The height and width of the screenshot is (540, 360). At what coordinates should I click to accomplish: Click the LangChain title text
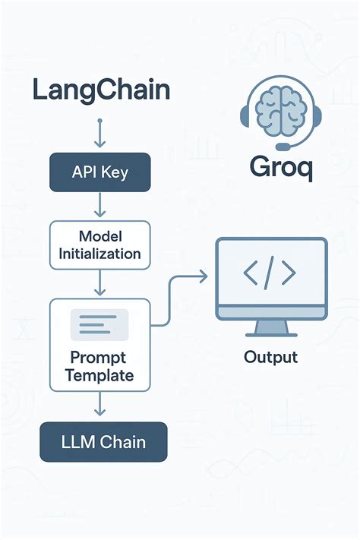click(101, 91)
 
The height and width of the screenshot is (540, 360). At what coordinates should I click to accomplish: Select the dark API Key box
click(100, 172)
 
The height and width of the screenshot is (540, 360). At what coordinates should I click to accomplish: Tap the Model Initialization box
click(100, 245)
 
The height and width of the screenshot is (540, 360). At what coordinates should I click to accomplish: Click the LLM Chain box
click(103, 441)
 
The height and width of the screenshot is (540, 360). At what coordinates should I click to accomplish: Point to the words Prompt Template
click(99, 365)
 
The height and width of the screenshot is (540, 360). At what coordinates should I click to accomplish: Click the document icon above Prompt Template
click(99, 325)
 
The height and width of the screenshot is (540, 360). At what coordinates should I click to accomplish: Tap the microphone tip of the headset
click(283, 147)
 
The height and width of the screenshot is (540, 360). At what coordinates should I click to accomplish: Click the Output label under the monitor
click(270, 357)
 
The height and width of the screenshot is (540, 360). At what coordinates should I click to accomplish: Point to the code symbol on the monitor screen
click(271, 275)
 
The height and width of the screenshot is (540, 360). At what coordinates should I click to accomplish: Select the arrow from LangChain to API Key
click(100, 133)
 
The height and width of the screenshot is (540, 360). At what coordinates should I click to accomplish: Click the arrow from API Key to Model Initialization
click(100, 205)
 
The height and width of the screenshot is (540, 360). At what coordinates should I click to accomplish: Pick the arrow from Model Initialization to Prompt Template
click(100, 283)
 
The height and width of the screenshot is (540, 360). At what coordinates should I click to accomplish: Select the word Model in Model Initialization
click(99, 236)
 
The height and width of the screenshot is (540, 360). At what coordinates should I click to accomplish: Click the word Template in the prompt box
click(99, 374)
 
